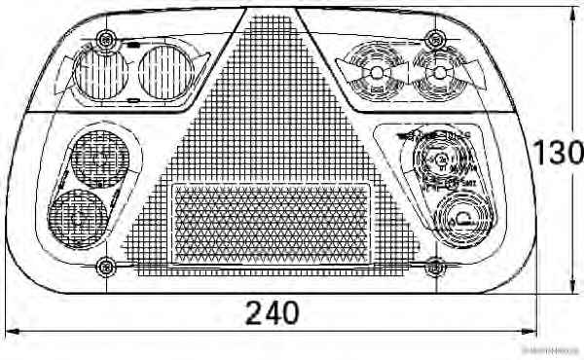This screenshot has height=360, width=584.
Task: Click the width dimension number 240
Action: click(272, 313)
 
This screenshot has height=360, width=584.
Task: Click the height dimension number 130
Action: click(558, 153)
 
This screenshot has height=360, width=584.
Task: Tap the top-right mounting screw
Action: click(435, 40)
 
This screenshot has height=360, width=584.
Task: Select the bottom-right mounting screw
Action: click(435, 265)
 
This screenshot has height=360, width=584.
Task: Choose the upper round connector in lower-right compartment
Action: click(437, 162)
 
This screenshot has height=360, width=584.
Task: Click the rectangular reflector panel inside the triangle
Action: click(272, 224)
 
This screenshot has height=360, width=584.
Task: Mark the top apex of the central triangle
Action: click(272, 12)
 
